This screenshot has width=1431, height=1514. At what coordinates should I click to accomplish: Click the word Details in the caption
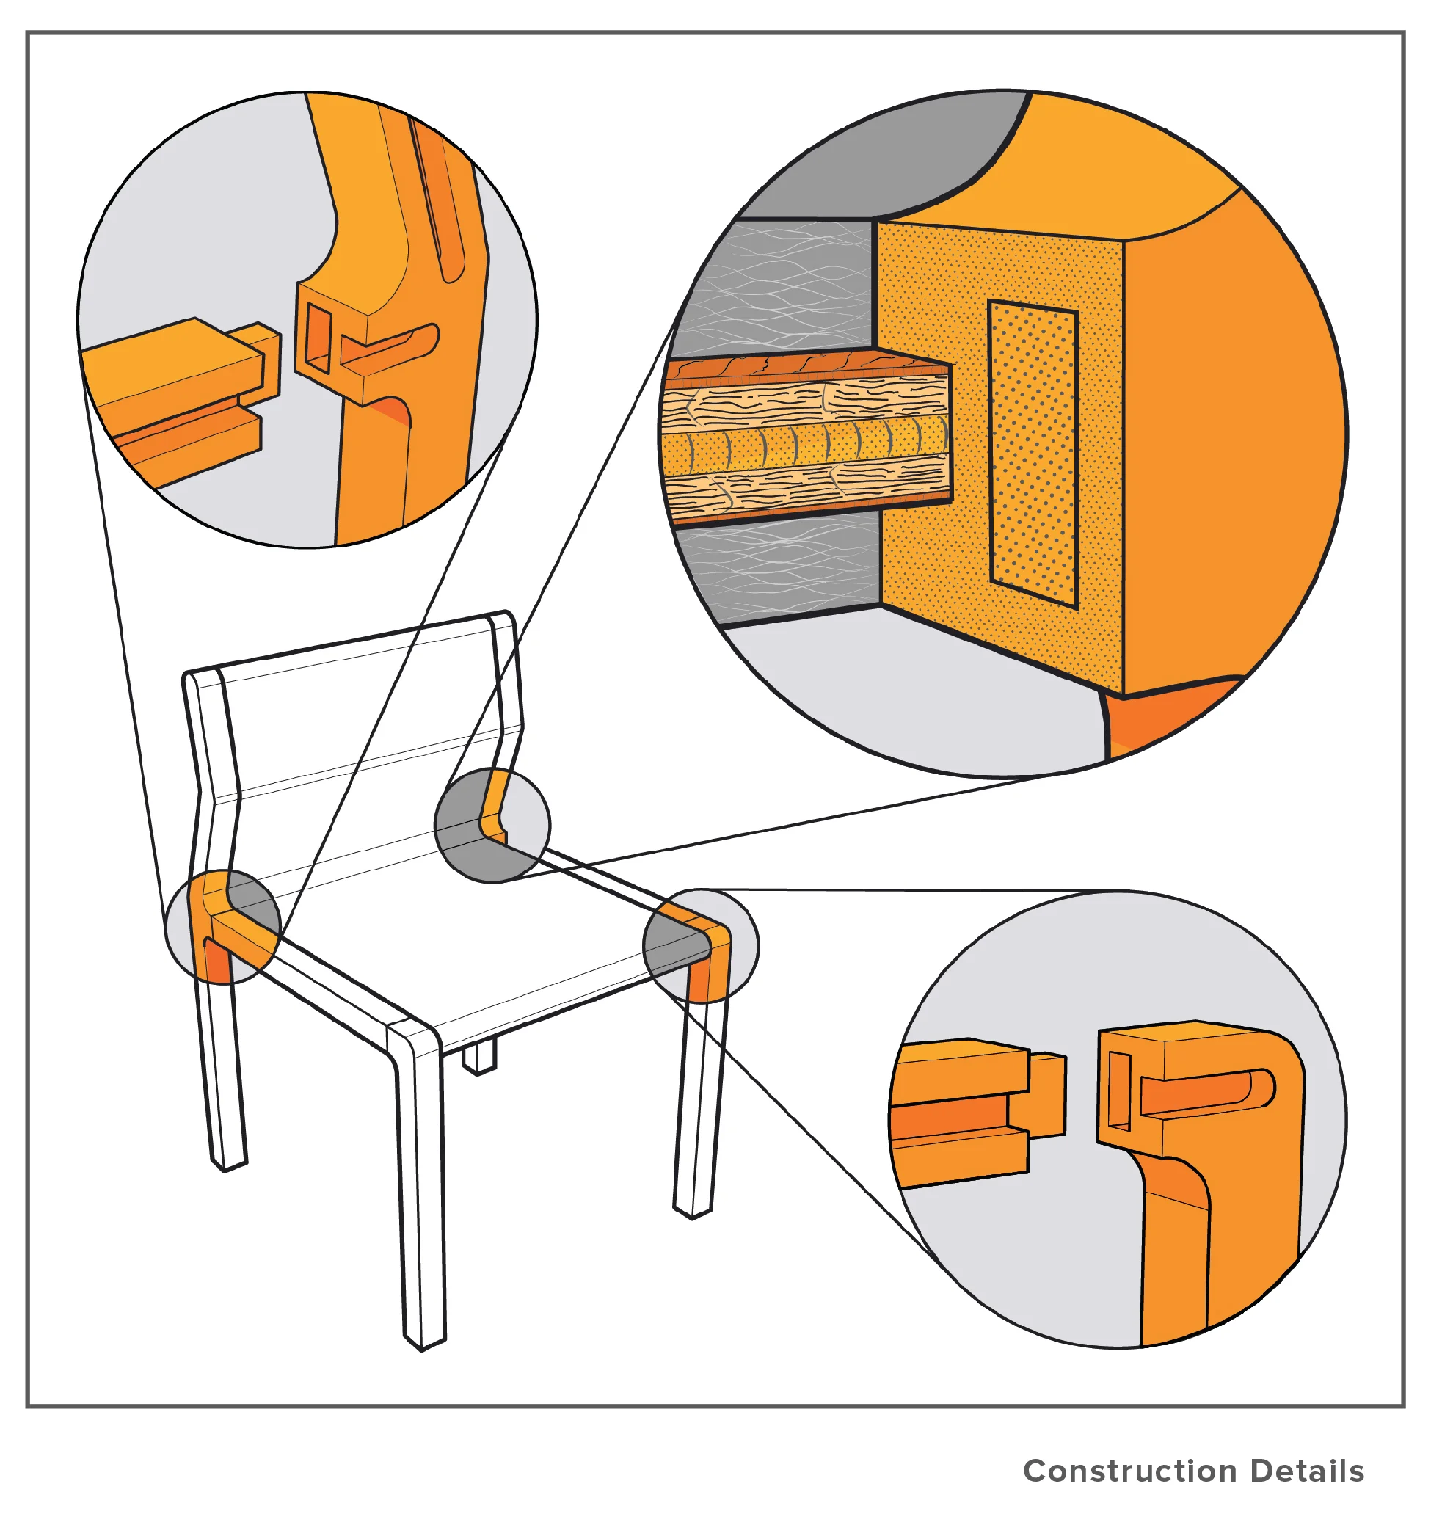click(1308, 1471)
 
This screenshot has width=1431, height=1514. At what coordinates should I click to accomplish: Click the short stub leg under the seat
click(479, 1059)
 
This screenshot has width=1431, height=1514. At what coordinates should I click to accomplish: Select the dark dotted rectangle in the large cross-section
click(1033, 454)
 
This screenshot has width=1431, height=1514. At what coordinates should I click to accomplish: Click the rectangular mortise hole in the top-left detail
click(318, 337)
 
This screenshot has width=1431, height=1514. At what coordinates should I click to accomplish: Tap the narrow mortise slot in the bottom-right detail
click(1119, 1091)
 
